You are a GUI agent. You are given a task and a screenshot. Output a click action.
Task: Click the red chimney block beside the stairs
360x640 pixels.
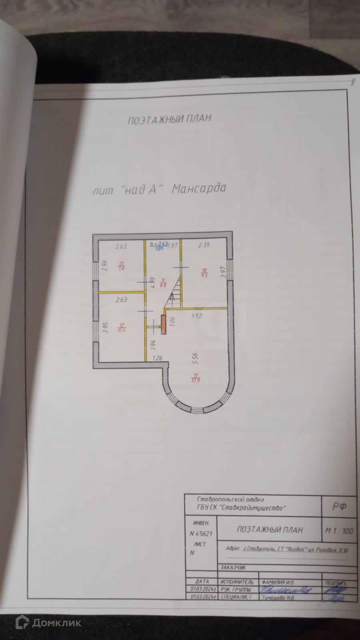click(x=164, y=324)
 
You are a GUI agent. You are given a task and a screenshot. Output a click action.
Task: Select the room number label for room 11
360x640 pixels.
click(x=196, y=377)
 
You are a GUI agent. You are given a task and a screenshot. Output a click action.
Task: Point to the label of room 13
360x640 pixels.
click(x=122, y=266)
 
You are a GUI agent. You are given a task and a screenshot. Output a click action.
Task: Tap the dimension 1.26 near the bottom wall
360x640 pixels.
click(x=157, y=358)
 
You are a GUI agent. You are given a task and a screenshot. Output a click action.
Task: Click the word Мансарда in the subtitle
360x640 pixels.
click(x=199, y=188)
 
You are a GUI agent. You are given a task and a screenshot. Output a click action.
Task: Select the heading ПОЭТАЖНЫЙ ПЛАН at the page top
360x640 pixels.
click(x=169, y=119)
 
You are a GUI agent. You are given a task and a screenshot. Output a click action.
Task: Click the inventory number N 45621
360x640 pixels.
click(x=201, y=533)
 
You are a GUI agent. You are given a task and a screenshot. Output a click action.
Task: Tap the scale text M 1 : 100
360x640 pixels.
click(x=339, y=531)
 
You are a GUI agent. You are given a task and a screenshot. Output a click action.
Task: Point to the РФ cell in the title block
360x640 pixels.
click(x=338, y=506)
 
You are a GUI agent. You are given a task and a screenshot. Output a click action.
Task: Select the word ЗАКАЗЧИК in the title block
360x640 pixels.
click(x=234, y=567)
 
